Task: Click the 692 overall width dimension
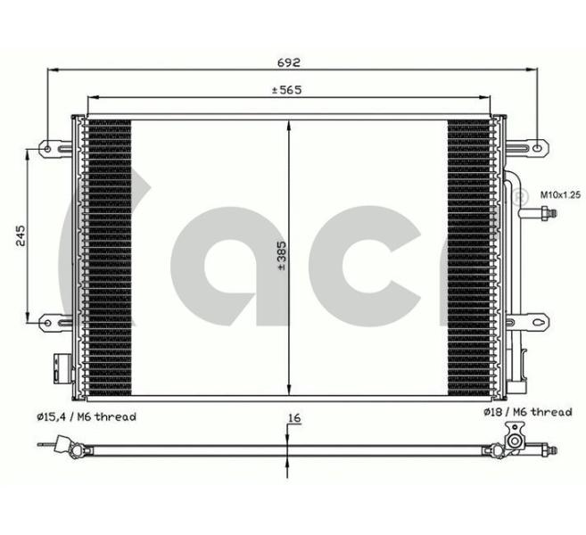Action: tap(288, 62)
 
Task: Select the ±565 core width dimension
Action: tap(286, 90)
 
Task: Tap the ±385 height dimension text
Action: tap(282, 256)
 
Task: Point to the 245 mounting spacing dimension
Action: tap(21, 235)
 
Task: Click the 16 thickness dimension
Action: tap(295, 418)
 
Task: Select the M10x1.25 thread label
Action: tap(561, 194)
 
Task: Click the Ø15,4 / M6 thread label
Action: tap(87, 417)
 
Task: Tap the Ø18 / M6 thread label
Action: tap(528, 412)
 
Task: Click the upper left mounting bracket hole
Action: tap(47, 149)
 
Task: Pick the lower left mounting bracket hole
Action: tap(47, 323)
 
